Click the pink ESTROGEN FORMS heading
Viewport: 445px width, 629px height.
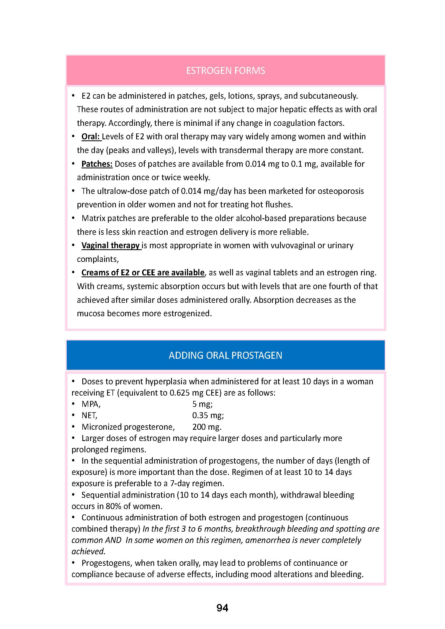tap(225, 71)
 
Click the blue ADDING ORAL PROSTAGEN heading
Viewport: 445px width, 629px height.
tap(225, 355)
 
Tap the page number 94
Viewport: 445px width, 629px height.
tap(222, 608)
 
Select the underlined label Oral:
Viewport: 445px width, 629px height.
tap(91, 136)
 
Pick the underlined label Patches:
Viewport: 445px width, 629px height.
tap(97, 164)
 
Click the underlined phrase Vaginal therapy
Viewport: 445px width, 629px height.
tap(111, 245)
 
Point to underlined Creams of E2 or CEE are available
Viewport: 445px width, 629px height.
tap(143, 273)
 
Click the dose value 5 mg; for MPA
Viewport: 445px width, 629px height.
tap(202, 404)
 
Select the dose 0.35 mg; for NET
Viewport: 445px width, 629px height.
tap(208, 415)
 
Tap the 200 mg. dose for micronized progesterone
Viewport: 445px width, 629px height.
tap(207, 427)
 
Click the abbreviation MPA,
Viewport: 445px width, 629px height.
tap(91, 404)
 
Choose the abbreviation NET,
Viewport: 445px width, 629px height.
tap(89, 415)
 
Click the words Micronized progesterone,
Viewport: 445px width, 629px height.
tap(128, 427)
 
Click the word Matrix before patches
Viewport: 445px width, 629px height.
tap(93, 218)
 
